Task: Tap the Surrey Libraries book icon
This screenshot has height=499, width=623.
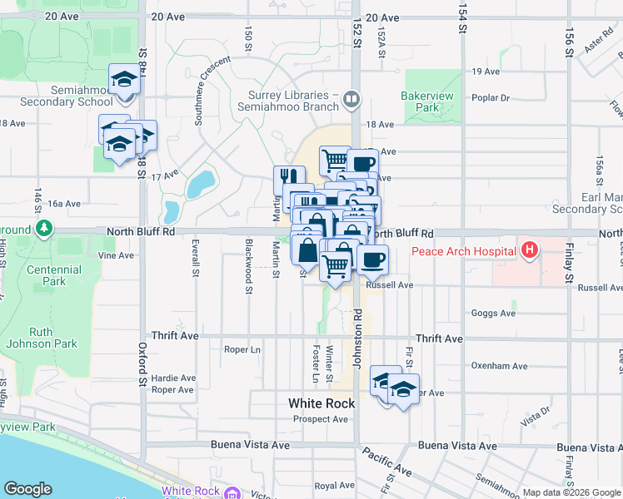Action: pos(352,101)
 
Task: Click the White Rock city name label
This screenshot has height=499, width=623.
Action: pos(321,403)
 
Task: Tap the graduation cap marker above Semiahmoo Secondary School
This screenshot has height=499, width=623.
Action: pos(124,79)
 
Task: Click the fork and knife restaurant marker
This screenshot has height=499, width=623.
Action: pos(289,177)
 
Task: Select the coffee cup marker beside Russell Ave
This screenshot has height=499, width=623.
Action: pos(372,259)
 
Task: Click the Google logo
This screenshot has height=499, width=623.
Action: pos(27,489)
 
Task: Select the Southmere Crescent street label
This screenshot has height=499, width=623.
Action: pos(212,91)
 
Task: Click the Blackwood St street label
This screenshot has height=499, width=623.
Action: pos(249,267)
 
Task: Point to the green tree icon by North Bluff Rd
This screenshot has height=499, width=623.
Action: pos(44,228)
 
